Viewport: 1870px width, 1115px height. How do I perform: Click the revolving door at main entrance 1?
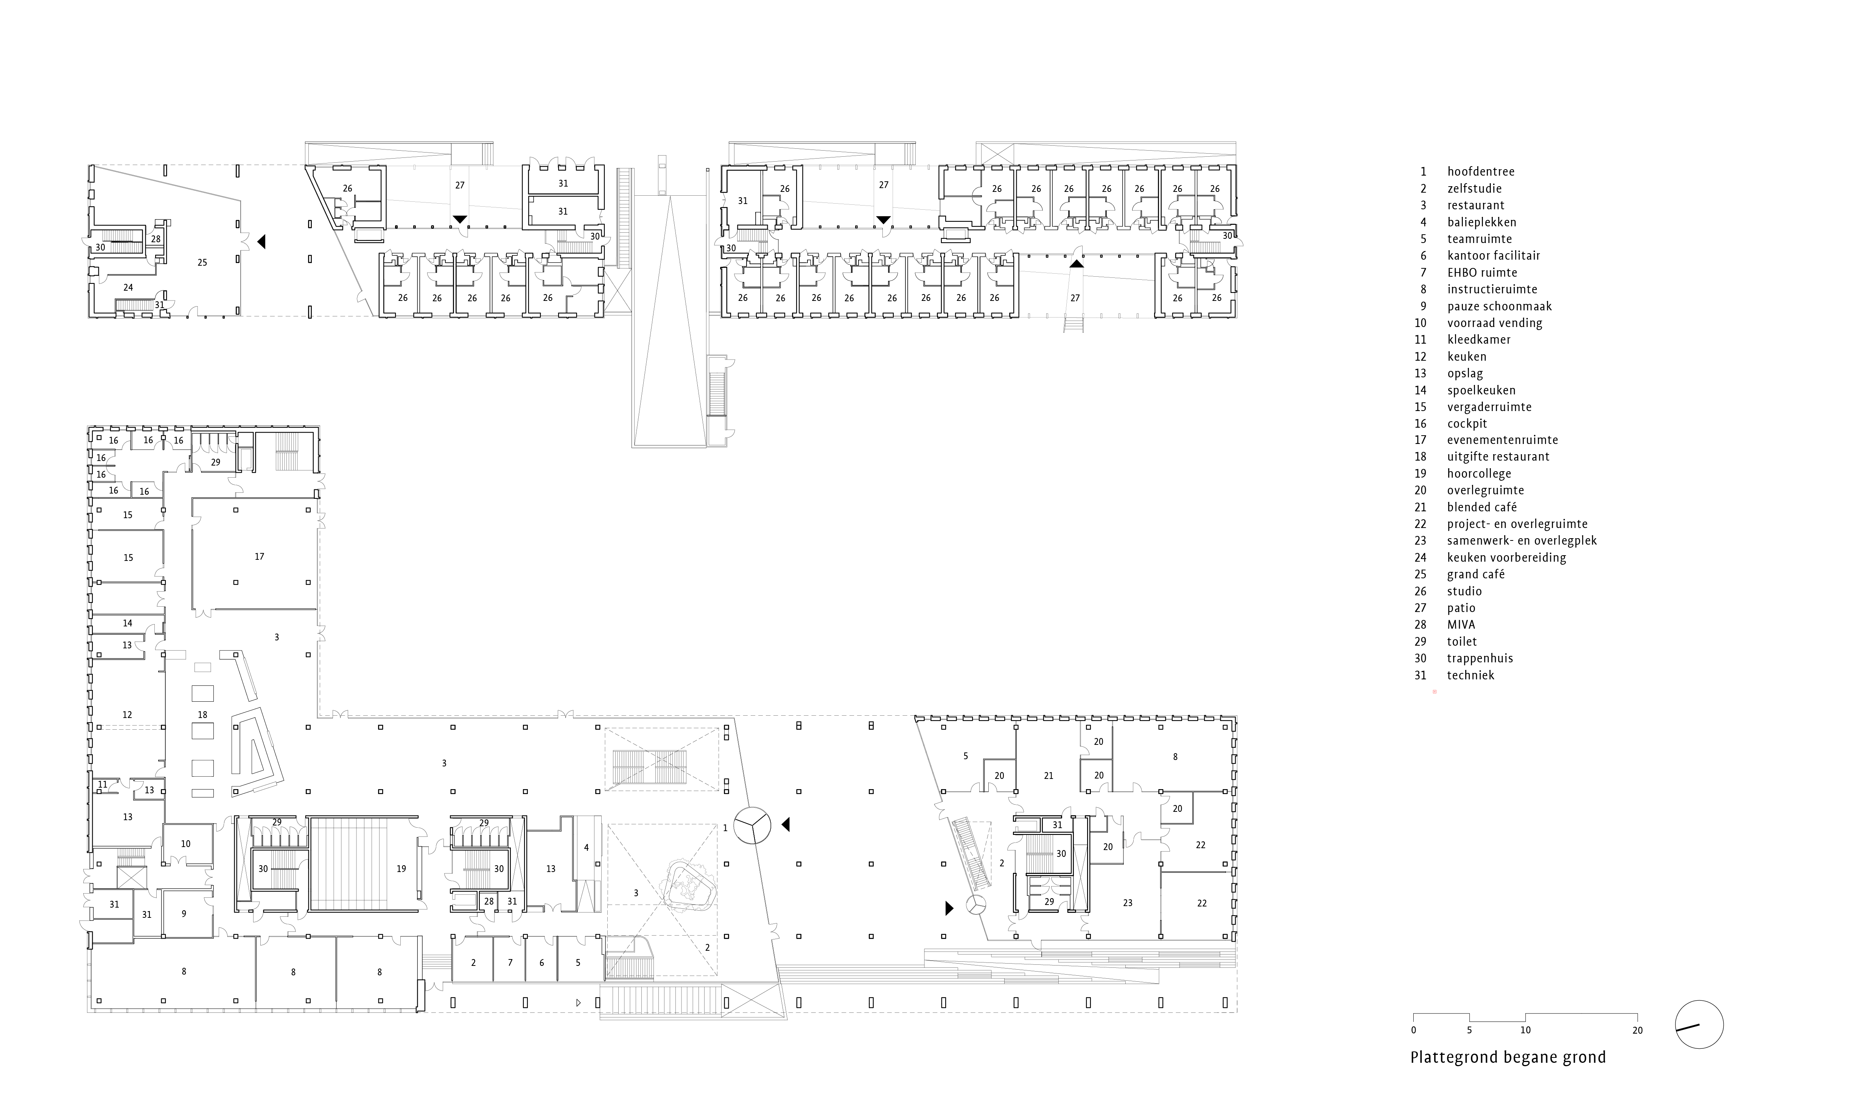pos(752,825)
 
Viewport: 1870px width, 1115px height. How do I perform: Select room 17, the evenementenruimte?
pos(259,557)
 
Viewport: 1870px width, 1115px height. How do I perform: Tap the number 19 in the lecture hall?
pos(401,869)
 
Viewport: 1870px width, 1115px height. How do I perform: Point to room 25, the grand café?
pos(202,262)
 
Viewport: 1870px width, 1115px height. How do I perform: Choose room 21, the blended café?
pos(1049,776)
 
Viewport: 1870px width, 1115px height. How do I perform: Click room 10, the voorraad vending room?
pos(185,844)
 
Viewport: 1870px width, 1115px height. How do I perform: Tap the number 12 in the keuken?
pos(127,715)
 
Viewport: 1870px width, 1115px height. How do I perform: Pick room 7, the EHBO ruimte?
pos(510,962)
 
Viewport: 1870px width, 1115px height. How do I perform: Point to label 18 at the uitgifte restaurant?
pos(202,715)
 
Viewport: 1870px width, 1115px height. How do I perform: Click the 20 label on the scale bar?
pos(1637,1030)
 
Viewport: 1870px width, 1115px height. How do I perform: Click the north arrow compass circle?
pos(1699,1025)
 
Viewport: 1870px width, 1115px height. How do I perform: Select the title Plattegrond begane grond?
pos(1507,1057)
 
